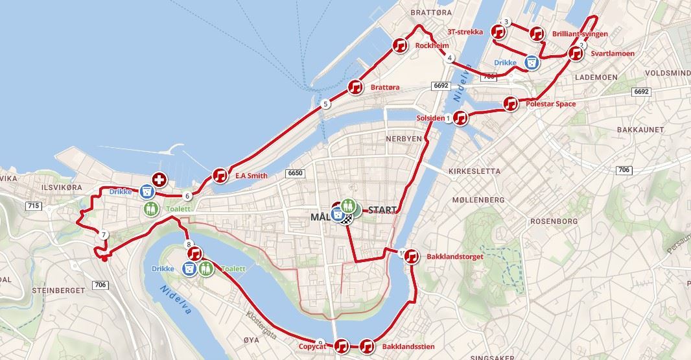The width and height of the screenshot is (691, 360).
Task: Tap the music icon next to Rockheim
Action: [x=399, y=45]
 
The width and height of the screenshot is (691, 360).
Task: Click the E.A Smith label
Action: [x=251, y=175]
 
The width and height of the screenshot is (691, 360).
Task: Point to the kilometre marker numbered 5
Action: [x=325, y=104]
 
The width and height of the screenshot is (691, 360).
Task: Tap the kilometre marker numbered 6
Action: [x=187, y=196]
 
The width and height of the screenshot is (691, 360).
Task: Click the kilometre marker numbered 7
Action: [x=104, y=234]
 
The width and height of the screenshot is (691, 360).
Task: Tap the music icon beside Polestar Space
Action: [x=511, y=104]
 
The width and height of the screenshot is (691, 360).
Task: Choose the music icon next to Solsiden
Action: [x=460, y=118]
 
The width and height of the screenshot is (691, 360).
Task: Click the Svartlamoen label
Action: [x=612, y=54]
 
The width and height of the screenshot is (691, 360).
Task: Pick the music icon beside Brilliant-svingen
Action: [x=537, y=33]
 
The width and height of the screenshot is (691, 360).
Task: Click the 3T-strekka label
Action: [x=465, y=31]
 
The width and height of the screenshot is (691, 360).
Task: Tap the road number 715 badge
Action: [x=34, y=206]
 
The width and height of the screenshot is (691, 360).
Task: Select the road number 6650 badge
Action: [x=294, y=173]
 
